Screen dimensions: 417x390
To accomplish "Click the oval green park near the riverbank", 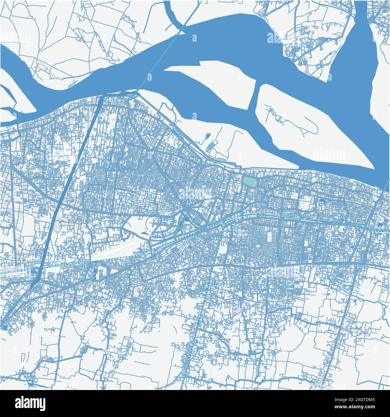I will [249, 181].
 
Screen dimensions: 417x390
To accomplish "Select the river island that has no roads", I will [210, 72].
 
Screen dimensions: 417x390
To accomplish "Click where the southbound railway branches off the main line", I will [223, 223].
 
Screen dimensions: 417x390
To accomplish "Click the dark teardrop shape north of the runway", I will [145, 232].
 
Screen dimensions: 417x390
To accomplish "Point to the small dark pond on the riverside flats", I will [207, 137].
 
